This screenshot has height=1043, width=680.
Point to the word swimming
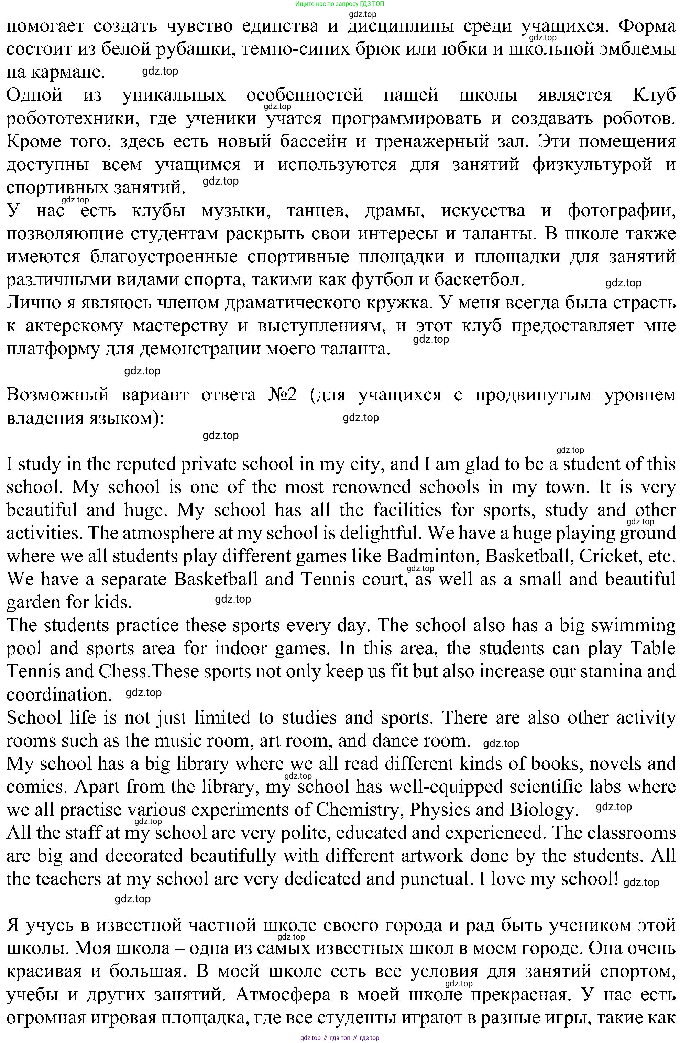coord(634,625)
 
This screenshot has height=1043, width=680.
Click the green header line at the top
coord(340,3)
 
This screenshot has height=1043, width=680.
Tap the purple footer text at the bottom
coord(340,1038)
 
